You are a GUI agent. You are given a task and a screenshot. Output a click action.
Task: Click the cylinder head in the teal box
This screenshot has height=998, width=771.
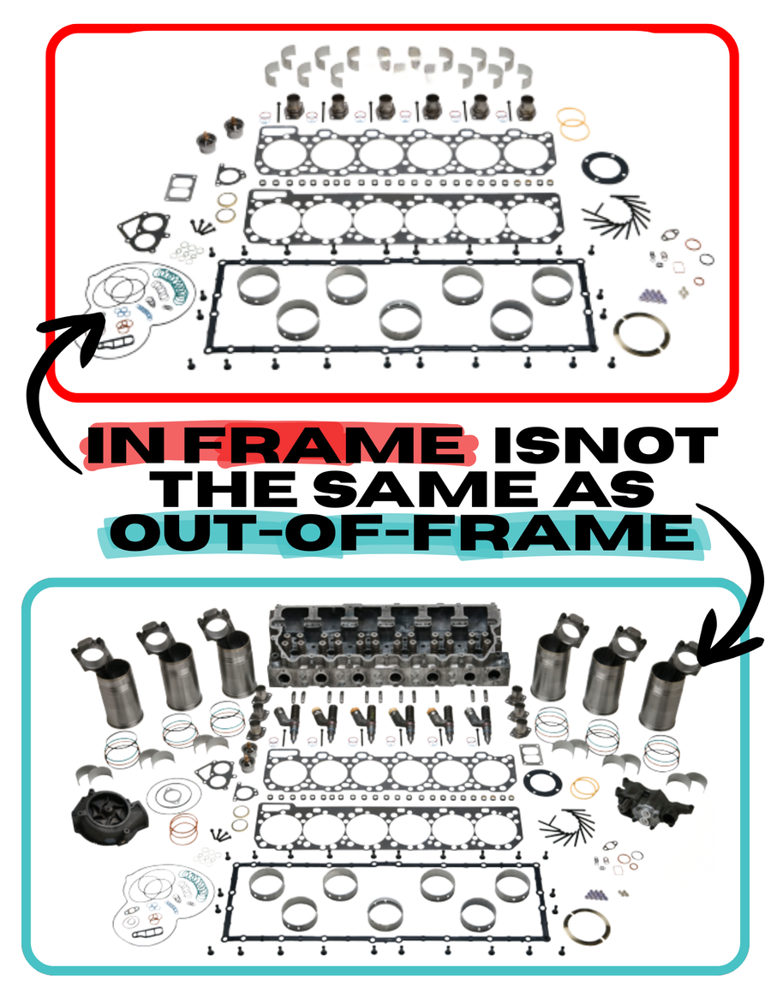pyautogui.click(x=385, y=644)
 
